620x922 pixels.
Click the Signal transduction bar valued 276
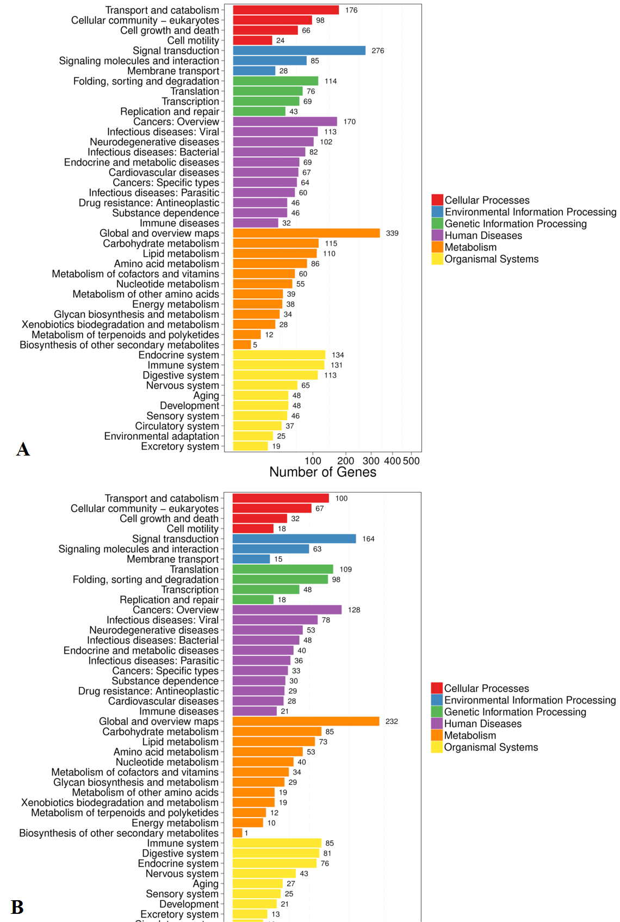[x=299, y=51]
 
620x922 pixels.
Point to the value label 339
[x=392, y=233]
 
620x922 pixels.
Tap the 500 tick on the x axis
[x=411, y=461]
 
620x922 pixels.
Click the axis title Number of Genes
[x=323, y=472]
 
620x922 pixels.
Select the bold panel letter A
[x=23, y=449]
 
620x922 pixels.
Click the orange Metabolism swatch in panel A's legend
[x=437, y=247]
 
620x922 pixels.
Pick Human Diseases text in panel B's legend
[x=482, y=723]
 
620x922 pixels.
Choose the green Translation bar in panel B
[x=283, y=569]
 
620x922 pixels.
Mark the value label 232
[x=392, y=722]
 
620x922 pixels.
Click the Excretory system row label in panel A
[x=180, y=447]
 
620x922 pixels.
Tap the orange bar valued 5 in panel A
[x=242, y=345]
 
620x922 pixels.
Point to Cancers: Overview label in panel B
[x=176, y=610]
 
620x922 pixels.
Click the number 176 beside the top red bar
[x=351, y=10]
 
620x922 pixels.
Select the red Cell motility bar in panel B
[x=253, y=529]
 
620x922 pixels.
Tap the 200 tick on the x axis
[x=345, y=461]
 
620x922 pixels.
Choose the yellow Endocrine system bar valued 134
[x=279, y=355]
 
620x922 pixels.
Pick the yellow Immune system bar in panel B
[x=277, y=843]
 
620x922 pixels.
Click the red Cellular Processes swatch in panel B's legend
[x=437, y=688]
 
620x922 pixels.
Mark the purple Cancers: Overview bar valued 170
[x=285, y=122]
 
